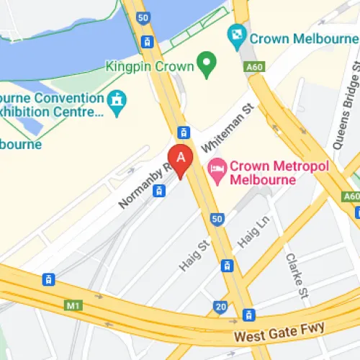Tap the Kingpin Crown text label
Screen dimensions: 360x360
pos(150,67)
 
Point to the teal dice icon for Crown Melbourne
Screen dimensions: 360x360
pos(236,33)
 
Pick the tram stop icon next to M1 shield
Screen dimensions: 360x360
pos(48,279)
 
